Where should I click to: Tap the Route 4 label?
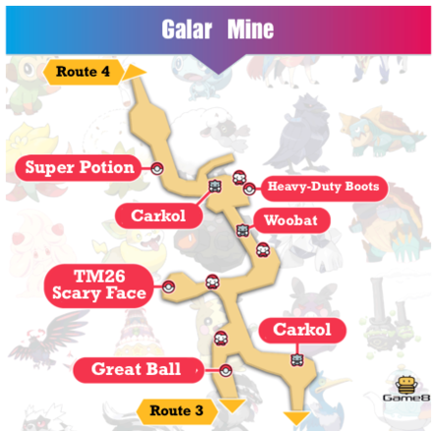pos(84,71)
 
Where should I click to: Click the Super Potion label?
pos(81,167)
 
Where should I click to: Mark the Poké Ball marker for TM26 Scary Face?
pos(169,286)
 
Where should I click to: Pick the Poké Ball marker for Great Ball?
pos(225,371)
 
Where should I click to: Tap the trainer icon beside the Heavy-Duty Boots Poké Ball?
pos(239,177)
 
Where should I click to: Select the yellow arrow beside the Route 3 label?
pos(232,406)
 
